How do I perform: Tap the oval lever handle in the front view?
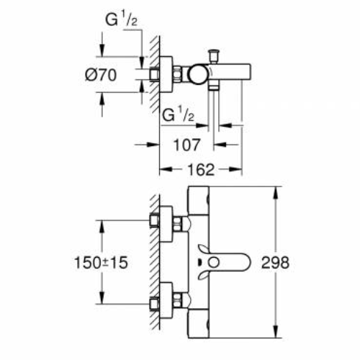[x=227, y=264]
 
